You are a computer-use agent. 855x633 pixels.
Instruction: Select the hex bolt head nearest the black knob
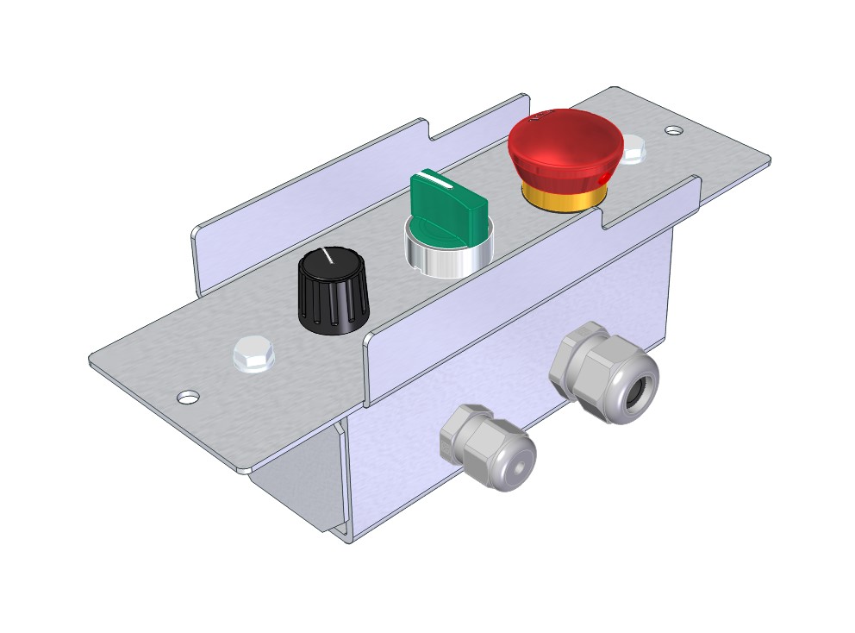[253, 354]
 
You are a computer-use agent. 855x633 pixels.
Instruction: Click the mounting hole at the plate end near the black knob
[188, 398]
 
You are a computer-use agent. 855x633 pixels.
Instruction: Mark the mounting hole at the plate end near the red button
[674, 131]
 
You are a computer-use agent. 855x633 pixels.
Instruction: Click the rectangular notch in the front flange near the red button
[651, 210]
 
